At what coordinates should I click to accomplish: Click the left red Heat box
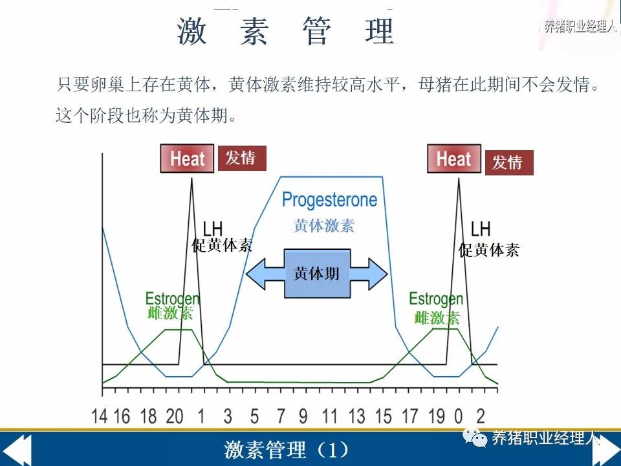pyautogui.click(x=187, y=159)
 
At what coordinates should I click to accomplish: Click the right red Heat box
pyautogui.click(x=454, y=159)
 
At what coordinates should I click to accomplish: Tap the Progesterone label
pyautogui.click(x=329, y=200)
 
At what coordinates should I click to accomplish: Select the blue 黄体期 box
pyautogui.click(x=317, y=273)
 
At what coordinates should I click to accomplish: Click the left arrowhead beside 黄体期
pyautogui.click(x=256, y=274)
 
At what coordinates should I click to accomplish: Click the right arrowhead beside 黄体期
pyautogui.click(x=378, y=274)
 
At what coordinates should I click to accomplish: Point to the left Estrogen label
pyautogui.click(x=172, y=299)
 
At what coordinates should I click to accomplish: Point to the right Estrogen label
pyautogui.click(x=436, y=299)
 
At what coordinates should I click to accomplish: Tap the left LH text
pyautogui.click(x=213, y=229)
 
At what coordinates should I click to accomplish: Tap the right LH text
pyautogui.click(x=481, y=229)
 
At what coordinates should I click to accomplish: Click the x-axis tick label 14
pyautogui.click(x=100, y=416)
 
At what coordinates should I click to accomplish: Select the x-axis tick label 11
pyautogui.click(x=329, y=416)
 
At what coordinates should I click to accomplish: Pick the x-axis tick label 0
pyautogui.click(x=459, y=416)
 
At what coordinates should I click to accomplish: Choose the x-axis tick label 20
pyautogui.click(x=174, y=416)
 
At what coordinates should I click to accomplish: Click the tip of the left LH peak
pyautogui.click(x=191, y=179)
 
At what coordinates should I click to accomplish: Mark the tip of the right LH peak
pyautogui.click(x=459, y=179)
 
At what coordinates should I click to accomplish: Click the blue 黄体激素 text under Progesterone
pyautogui.click(x=324, y=225)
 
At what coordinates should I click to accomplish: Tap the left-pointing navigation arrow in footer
pyautogui.click(x=16, y=450)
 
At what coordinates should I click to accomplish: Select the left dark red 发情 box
pyautogui.click(x=241, y=158)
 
